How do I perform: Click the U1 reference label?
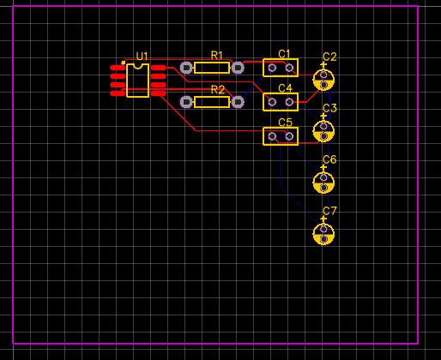pos(142,57)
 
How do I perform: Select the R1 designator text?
pos(216,55)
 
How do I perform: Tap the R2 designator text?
pos(218,90)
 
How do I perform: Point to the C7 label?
pos(329,211)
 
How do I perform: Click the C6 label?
pos(329,159)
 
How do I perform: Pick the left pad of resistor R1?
pos(186,68)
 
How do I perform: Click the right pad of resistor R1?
pos(238,68)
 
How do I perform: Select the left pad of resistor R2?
pos(186,102)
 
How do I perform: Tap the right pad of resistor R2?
pos(238,102)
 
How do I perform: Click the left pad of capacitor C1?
pos(272,68)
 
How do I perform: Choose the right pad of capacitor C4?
pos(289,102)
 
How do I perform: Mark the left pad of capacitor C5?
pos(272,136)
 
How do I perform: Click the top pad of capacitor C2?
pos(323,75)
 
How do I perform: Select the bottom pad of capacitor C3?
pos(323,136)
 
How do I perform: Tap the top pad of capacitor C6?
pos(323,177)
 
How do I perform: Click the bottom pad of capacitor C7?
pos(323,239)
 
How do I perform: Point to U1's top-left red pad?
pos(118,68)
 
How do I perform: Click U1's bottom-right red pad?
pos(159,93)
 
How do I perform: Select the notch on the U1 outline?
pos(138,67)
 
